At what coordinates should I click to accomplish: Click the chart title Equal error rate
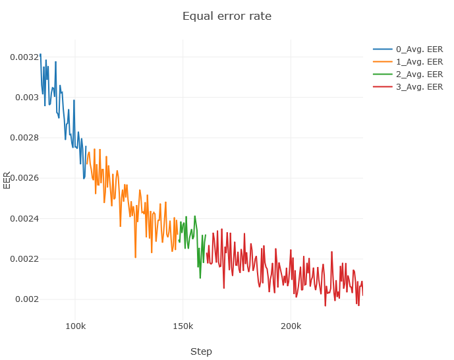pos(227,16)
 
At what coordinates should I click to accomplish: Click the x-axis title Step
pos(201,351)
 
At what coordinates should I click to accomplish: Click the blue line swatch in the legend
pos(382,49)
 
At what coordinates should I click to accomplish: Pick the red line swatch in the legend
pos(382,87)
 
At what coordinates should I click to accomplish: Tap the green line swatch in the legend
pos(382,75)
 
